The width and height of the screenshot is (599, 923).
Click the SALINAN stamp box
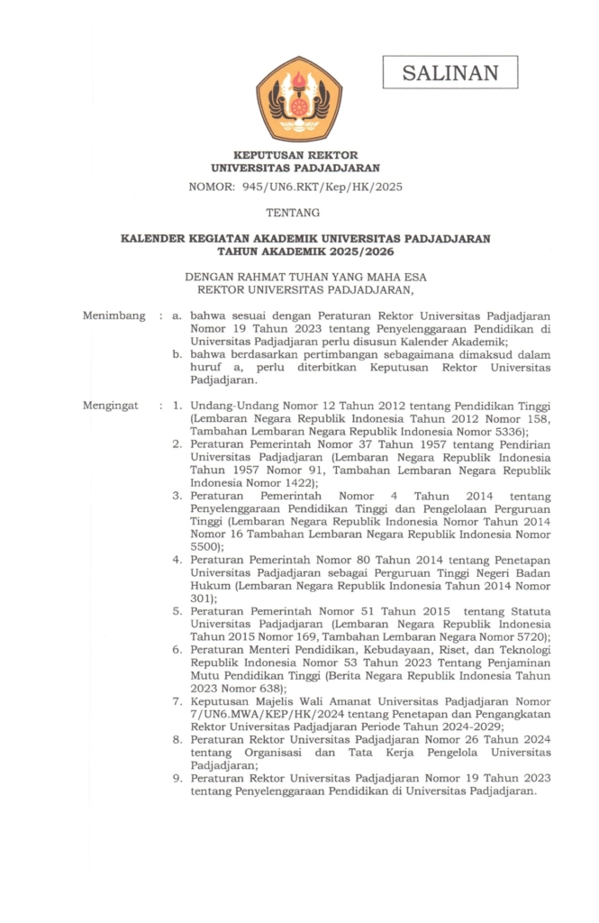(450, 72)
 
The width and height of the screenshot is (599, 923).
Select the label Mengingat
(111, 406)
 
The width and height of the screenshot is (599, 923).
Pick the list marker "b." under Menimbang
(178, 355)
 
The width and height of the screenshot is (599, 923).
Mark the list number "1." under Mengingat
(178, 406)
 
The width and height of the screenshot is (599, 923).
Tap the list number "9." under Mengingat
(178, 777)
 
